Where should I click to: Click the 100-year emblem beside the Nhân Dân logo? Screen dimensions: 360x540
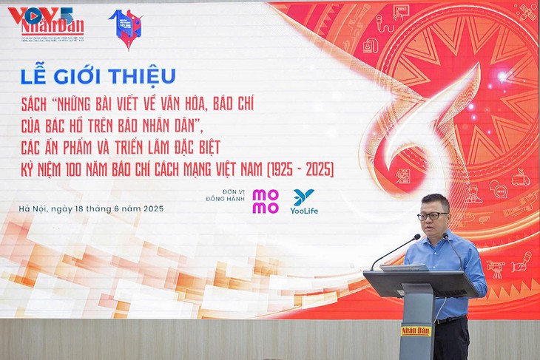pyautogui.click(x=125, y=28)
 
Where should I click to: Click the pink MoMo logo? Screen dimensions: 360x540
pyautogui.click(x=266, y=201)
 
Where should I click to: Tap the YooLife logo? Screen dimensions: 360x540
pyautogui.click(x=303, y=201)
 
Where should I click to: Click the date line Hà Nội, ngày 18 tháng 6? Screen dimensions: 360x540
pyautogui.click(x=91, y=208)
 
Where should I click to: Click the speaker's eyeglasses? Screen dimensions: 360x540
pyautogui.click(x=432, y=216)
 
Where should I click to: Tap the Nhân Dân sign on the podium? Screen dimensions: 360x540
pyautogui.click(x=416, y=330)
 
